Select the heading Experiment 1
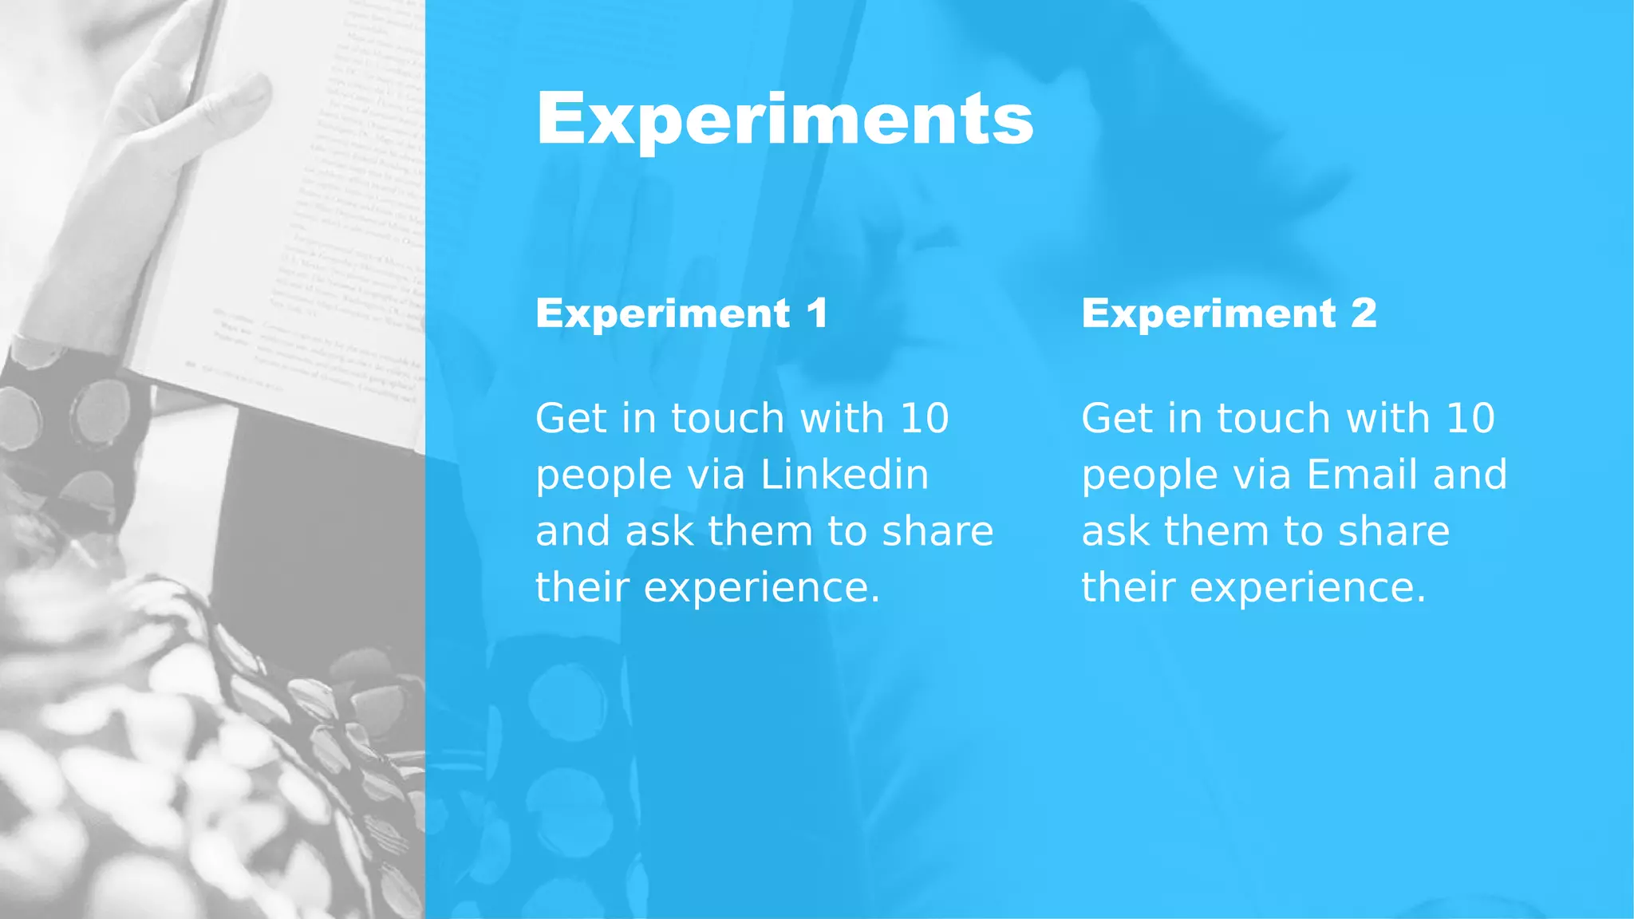pos(681,313)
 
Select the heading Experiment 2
pos(1229,313)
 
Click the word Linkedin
pos(844,475)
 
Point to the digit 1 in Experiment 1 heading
pos(817,313)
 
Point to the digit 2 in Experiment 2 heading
pos(1364,313)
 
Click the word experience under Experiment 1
pos(761,589)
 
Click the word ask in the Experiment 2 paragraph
pos(1116,531)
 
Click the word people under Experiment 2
pos(1149,476)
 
